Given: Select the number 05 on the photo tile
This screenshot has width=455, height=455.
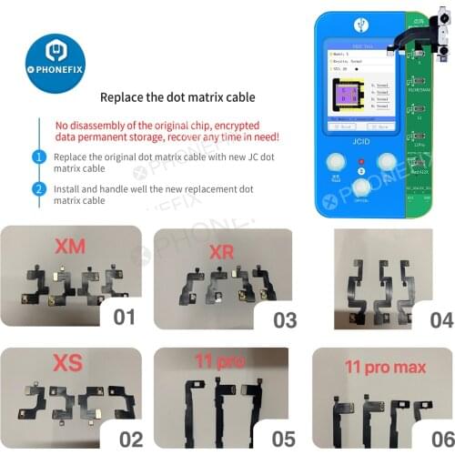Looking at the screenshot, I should click(279, 437).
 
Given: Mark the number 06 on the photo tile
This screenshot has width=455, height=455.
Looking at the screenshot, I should click(433, 437).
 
